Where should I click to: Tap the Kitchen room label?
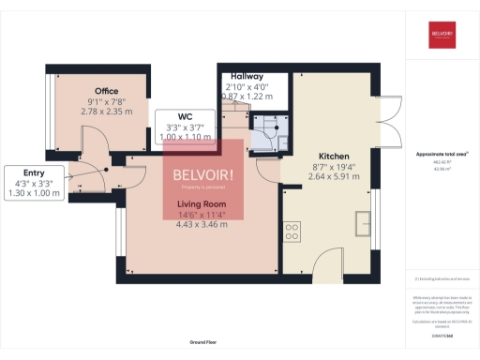coord(335,157)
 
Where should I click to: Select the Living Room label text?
coord(202,202)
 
